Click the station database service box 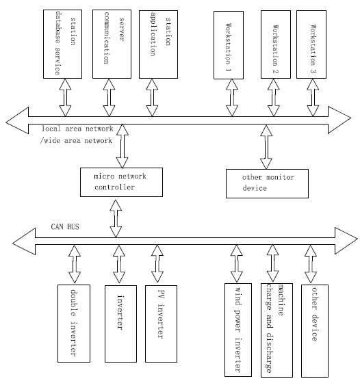pos(62,44)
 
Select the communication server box pos(112,44)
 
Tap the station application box pos(158,44)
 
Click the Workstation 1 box pos(229,45)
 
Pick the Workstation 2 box pos(276,44)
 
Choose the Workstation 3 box pos(311,44)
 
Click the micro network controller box pos(122,182)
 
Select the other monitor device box pos(267,183)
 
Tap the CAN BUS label pos(65,226)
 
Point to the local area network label pos(77,129)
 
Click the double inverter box pos(74,324)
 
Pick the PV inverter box pos(161,324)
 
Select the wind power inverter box pos(238,330)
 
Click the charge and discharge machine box pos(277,330)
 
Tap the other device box pos(315,331)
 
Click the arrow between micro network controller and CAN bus pos(116,218)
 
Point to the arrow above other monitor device pos(266,147)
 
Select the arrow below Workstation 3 pos(313,97)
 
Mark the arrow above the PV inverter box pos(157,263)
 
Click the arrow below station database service pos(66,97)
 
